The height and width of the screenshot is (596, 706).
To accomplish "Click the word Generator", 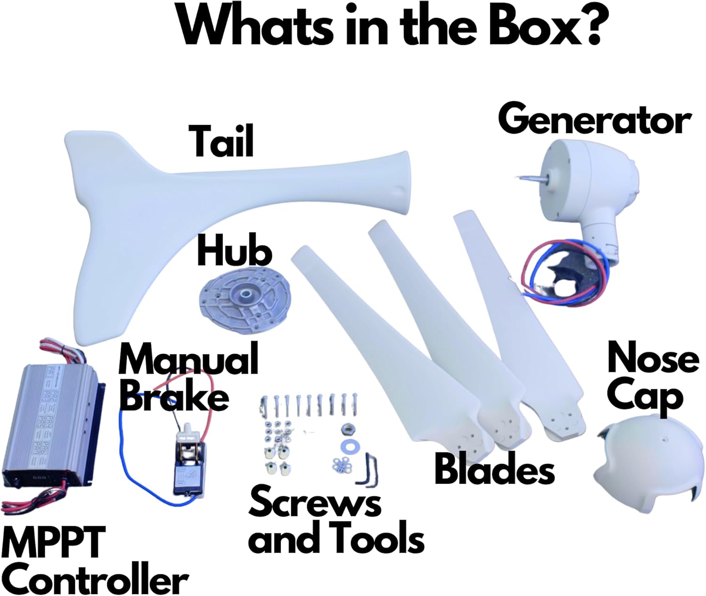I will (x=594, y=121).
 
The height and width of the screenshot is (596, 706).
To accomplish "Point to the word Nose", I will (x=653, y=359).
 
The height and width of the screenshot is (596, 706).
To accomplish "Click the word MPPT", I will (x=53, y=543).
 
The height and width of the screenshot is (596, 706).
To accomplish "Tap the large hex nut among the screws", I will (x=348, y=428).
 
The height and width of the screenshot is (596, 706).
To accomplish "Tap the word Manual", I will (x=188, y=359).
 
